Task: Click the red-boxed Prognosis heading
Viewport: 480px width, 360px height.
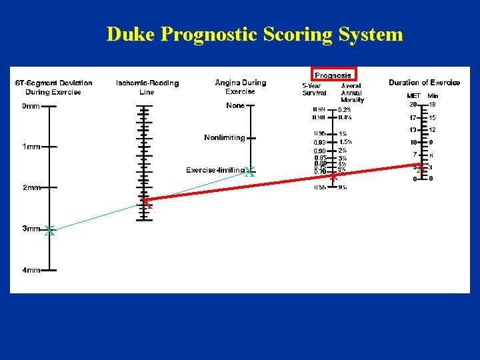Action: point(333,75)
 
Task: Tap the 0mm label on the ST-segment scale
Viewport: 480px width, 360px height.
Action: point(31,106)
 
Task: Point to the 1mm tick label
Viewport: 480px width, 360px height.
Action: point(31,147)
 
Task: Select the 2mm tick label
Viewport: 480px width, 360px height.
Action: point(31,188)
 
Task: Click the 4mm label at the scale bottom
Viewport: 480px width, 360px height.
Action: point(31,270)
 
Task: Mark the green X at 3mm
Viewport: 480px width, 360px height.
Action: point(49,231)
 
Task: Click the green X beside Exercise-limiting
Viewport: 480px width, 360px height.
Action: point(249,172)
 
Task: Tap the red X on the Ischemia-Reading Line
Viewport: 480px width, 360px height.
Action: point(145,202)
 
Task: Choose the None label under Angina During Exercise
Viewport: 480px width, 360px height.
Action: point(235,105)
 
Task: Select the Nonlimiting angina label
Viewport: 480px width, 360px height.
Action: point(225,138)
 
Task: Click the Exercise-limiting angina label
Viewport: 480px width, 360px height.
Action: point(215,170)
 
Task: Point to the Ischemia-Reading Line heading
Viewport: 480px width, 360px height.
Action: point(147,87)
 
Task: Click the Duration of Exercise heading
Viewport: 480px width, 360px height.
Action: point(424,83)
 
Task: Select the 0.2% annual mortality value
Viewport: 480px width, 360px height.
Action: point(345,110)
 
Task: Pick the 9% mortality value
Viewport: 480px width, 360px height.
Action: point(342,187)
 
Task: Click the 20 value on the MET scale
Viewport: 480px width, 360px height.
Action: point(413,105)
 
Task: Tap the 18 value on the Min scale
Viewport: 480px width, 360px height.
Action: point(432,105)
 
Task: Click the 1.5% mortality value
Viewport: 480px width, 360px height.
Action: point(345,142)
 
